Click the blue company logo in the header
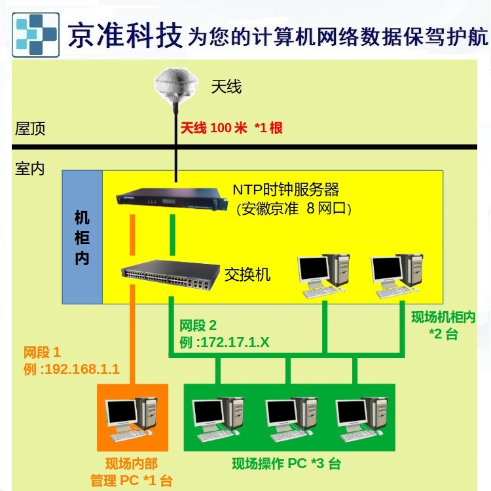38,33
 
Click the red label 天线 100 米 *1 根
231,128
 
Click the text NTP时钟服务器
286,190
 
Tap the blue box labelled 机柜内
82,238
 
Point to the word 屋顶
30,128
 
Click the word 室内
30,168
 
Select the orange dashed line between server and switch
132,236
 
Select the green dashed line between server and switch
172,236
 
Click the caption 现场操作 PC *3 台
286,464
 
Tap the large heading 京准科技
124,34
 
